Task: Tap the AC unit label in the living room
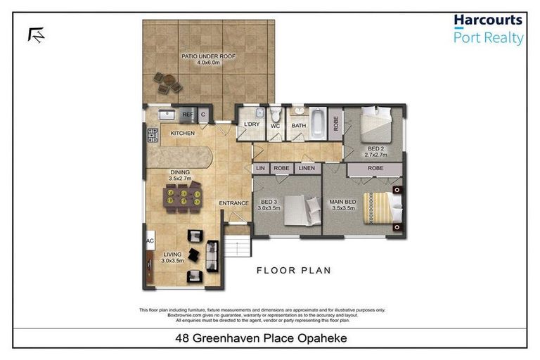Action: pyautogui.click(x=149, y=240)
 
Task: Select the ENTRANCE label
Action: pyautogui.click(x=233, y=204)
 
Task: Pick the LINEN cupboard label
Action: pyautogui.click(x=306, y=168)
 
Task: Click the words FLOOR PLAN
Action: pyautogui.click(x=293, y=270)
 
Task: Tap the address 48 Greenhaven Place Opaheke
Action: pyautogui.click(x=269, y=338)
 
